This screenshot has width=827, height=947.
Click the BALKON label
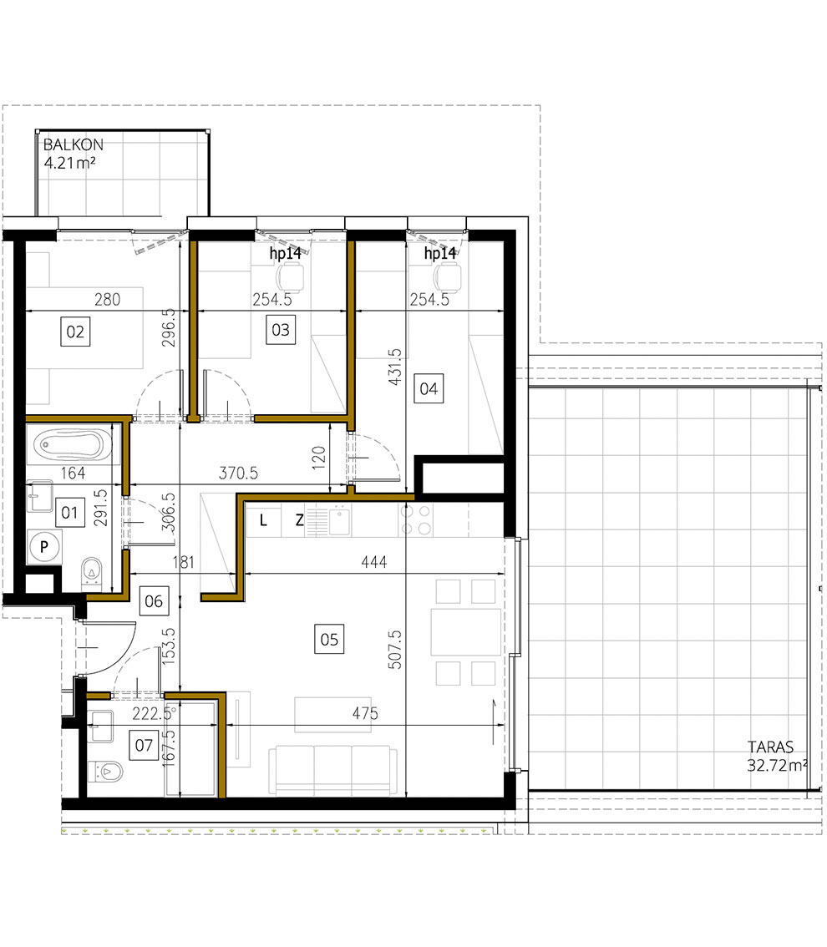(x=74, y=144)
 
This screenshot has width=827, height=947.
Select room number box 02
(x=75, y=332)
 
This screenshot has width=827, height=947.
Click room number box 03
(x=281, y=329)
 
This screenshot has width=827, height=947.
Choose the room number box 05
(x=329, y=640)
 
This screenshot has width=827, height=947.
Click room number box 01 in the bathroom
(x=68, y=511)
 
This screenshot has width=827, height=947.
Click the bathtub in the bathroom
(x=72, y=444)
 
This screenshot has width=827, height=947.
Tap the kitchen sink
(x=340, y=521)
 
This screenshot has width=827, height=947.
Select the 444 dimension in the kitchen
(x=374, y=563)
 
